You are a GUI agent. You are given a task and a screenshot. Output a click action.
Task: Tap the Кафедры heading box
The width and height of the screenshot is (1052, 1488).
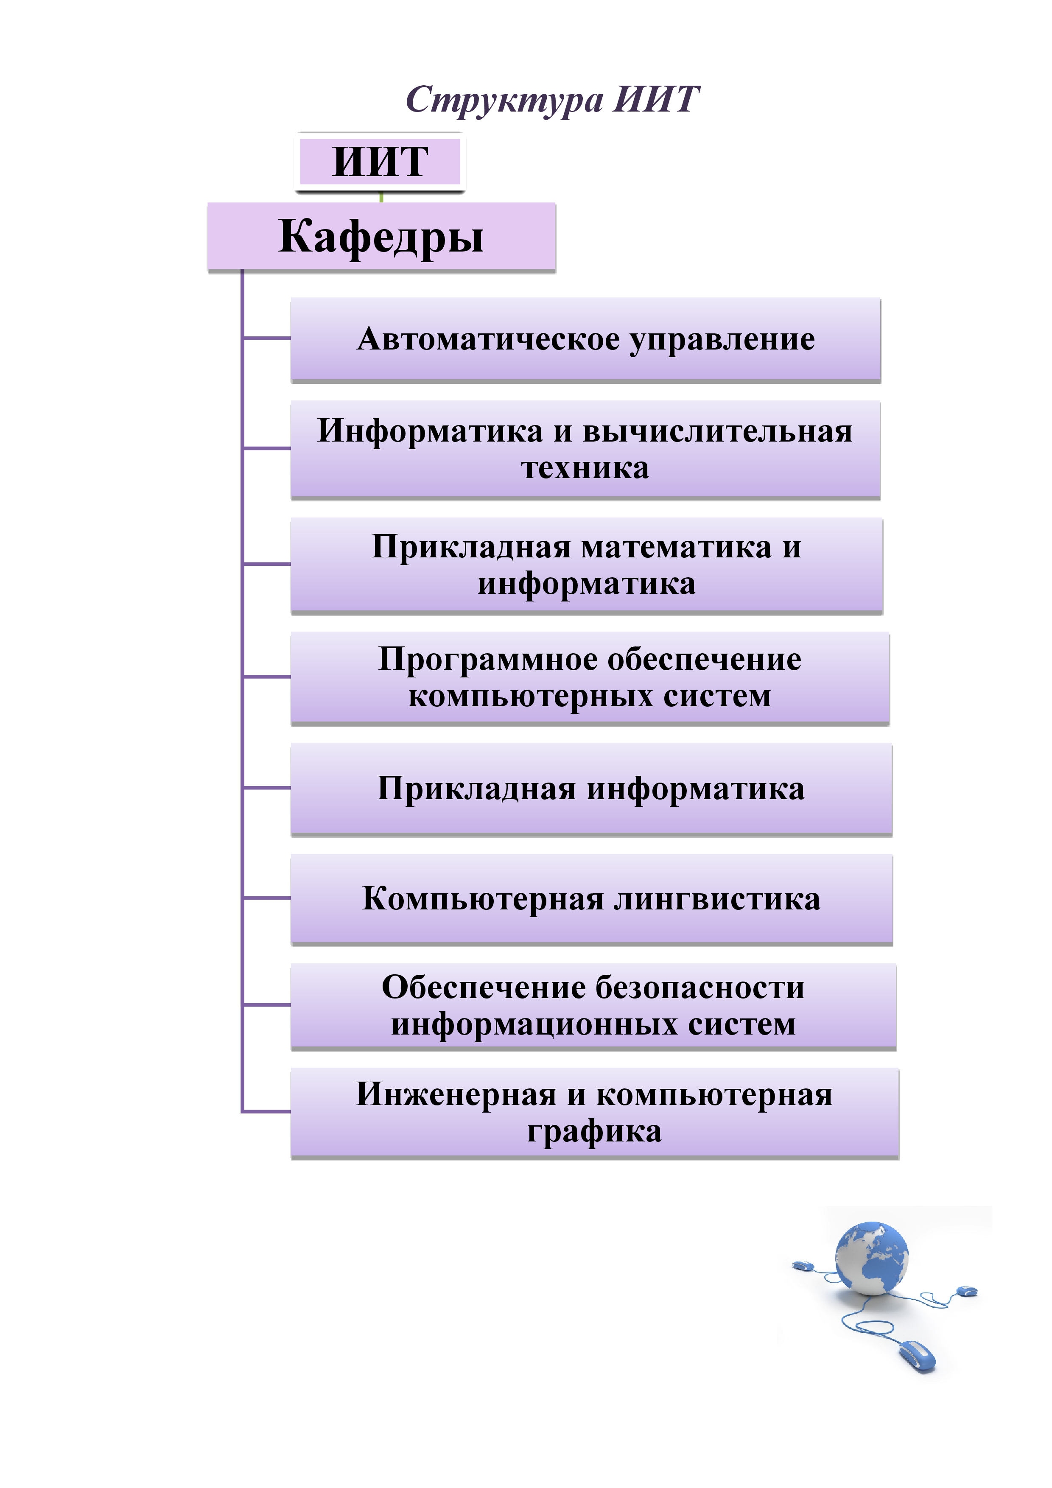pos(381,237)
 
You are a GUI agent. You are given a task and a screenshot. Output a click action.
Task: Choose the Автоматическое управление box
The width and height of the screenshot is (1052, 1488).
pos(585,340)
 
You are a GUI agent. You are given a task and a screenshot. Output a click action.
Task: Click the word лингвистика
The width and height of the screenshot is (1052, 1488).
pos(717,900)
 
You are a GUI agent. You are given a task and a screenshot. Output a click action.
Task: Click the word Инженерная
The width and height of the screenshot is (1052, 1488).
pos(456,1095)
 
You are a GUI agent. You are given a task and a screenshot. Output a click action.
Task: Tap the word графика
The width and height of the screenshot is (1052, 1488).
pos(594,1132)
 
